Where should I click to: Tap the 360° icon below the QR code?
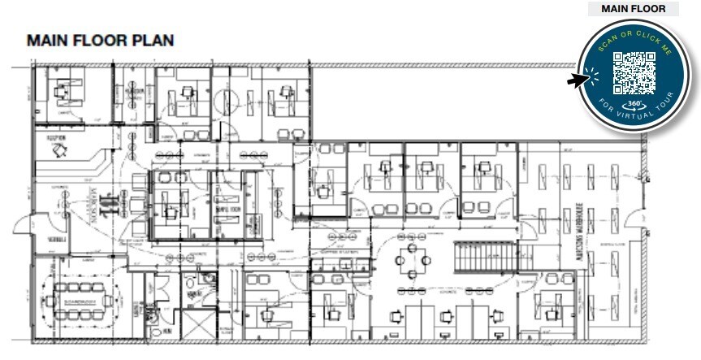(x=634, y=105)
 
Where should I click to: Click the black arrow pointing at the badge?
(x=578, y=80)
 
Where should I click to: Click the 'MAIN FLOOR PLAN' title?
(x=100, y=41)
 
